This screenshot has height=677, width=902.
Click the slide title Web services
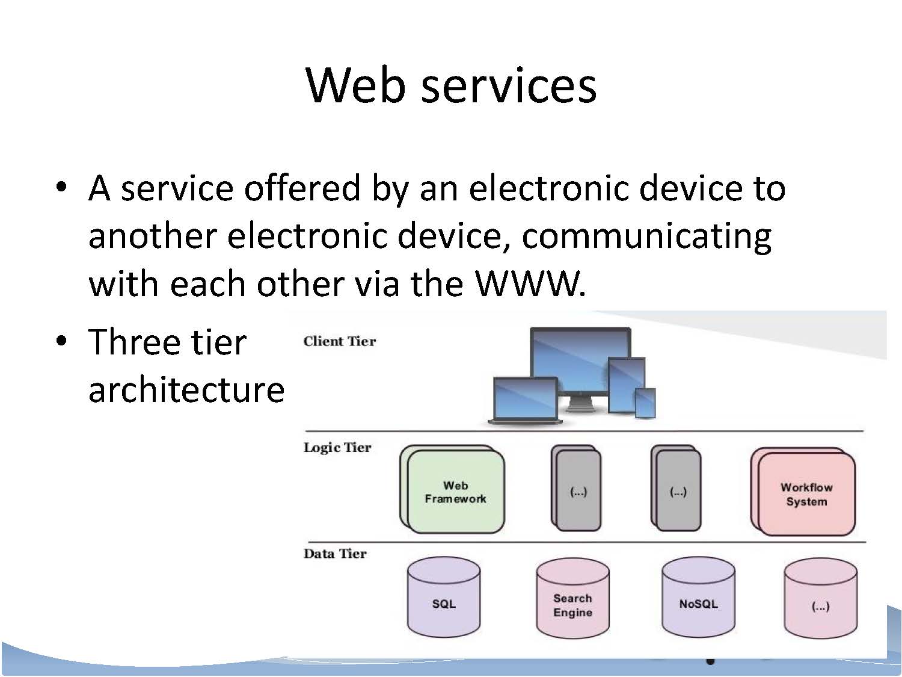(451, 85)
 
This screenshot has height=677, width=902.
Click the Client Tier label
(339, 341)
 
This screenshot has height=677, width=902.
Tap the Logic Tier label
(337, 447)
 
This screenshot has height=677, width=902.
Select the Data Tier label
(334, 554)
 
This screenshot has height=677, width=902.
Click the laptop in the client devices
(524, 399)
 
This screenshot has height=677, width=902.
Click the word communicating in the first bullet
(646, 236)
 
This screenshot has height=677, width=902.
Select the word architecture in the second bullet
(186, 389)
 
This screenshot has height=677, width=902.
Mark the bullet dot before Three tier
(61, 341)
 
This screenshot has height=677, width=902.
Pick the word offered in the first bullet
(301, 188)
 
